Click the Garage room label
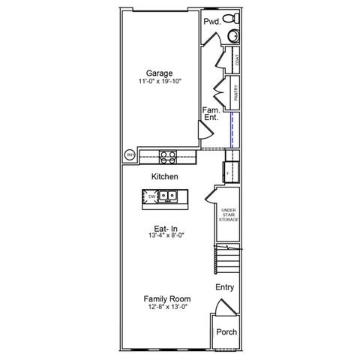tap(159, 73)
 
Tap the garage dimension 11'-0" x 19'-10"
tap(159, 81)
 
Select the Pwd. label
tap(212, 22)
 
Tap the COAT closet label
tap(237, 61)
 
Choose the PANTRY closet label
tap(236, 93)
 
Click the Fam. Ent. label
tap(211, 114)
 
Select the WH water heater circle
tap(130, 155)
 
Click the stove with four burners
tap(168, 156)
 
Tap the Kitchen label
tap(164, 177)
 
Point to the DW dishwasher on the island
tap(151, 196)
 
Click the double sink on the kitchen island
tap(167, 196)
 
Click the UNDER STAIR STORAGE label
tap(228, 214)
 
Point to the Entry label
tap(224, 287)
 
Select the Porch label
tap(226, 331)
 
